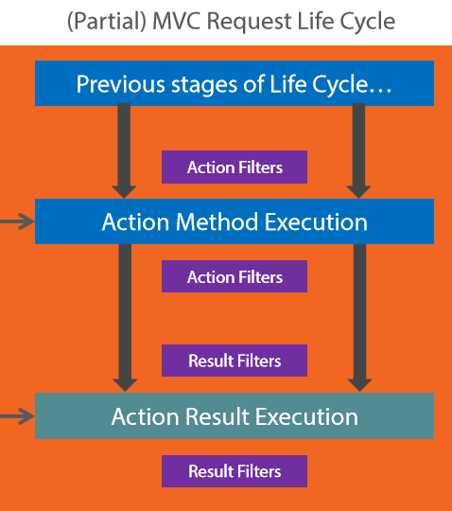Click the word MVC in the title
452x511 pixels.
click(176, 21)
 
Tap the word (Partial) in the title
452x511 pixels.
click(107, 22)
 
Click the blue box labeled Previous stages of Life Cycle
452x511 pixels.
click(235, 83)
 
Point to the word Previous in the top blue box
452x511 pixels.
click(121, 84)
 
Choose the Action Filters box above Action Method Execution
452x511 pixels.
click(235, 167)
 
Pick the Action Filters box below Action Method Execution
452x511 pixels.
click(235, 276)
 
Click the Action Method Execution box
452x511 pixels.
click(235, 221)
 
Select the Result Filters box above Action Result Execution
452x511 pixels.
click(235, 361)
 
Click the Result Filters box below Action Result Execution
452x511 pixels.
click(235, 471)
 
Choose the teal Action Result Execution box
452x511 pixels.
click(235, 415)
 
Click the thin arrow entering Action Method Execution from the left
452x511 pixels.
click(17, 221)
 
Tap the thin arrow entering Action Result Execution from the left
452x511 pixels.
click(17, 416)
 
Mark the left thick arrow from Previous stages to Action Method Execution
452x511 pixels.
click(124, 150)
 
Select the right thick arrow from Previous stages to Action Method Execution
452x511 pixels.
click(359, 150)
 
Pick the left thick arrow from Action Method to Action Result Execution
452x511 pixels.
click(125, 318)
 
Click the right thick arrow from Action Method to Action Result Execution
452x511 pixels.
click(360, 318)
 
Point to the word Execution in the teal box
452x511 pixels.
click(306, 416)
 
